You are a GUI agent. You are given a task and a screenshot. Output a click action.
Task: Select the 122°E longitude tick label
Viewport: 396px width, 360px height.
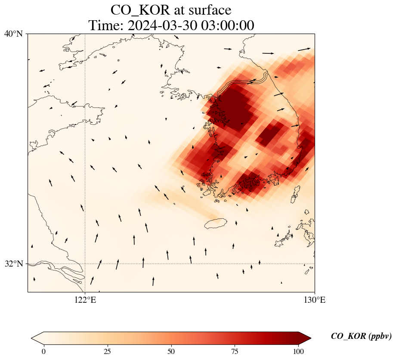pos(85,300)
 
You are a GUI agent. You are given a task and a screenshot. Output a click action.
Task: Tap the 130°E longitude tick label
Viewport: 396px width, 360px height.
pos(315,300)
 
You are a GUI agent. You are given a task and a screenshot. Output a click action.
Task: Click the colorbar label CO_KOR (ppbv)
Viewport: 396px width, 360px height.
pos(361,336)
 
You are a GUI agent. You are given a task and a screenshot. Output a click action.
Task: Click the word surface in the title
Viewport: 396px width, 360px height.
pos(207,10)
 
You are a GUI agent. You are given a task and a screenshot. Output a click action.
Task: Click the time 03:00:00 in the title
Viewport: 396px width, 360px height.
pos(227,25)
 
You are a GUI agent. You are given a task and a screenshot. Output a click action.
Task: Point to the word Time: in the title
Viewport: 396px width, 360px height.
pos(106,25)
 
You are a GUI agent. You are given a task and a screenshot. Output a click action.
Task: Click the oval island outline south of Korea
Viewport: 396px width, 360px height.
pos(216,223)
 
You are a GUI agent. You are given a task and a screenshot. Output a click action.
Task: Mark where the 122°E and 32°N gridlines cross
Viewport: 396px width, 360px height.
pos(85,264)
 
